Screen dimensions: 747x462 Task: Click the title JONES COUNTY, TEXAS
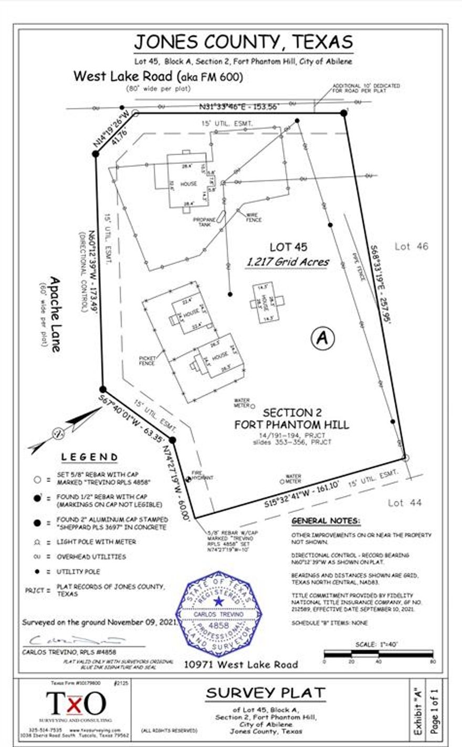243,41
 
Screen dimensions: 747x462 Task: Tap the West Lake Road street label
158,76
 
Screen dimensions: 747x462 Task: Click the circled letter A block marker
322,339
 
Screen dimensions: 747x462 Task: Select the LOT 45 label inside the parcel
288,247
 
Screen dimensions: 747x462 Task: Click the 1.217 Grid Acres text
288,261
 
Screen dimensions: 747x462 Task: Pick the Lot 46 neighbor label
412,246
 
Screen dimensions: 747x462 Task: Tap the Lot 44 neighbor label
405,503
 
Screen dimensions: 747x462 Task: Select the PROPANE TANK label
202,222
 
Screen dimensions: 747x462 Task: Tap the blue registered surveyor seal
219,613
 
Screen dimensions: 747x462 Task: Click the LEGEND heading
89,457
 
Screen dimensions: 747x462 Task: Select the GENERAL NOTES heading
326,521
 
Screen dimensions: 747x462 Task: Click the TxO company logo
76,703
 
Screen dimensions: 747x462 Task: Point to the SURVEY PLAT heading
266,693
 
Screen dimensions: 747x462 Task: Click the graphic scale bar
379,654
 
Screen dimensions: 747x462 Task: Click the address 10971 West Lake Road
241,665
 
